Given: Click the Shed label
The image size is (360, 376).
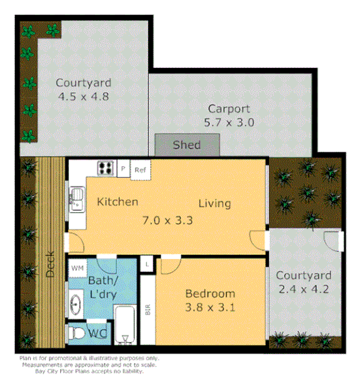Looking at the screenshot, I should (x=187, y=145).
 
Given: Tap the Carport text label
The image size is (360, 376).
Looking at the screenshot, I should (x=230, y=109).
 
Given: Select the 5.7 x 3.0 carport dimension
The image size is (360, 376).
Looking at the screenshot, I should (x=230, y=122).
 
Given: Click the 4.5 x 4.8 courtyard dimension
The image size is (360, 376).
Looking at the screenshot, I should (x=83, y=96).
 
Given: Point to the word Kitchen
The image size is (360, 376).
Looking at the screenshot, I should (x=118, y=202).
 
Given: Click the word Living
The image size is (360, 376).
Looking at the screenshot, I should (x=214, y=203).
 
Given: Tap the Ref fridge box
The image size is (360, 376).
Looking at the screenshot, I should (x=140, y=170).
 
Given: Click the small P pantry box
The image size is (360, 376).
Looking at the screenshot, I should (x=123, y=169).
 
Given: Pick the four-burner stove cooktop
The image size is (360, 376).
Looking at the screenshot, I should (x=105, y=168).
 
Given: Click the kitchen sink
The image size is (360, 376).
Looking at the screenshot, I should (x=76, y=197).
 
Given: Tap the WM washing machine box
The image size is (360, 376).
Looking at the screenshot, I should (x=77, y=268).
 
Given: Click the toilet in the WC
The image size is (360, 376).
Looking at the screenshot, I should (x=78, y=333).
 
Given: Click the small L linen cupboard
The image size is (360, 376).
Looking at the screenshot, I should (x=148, y=264).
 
